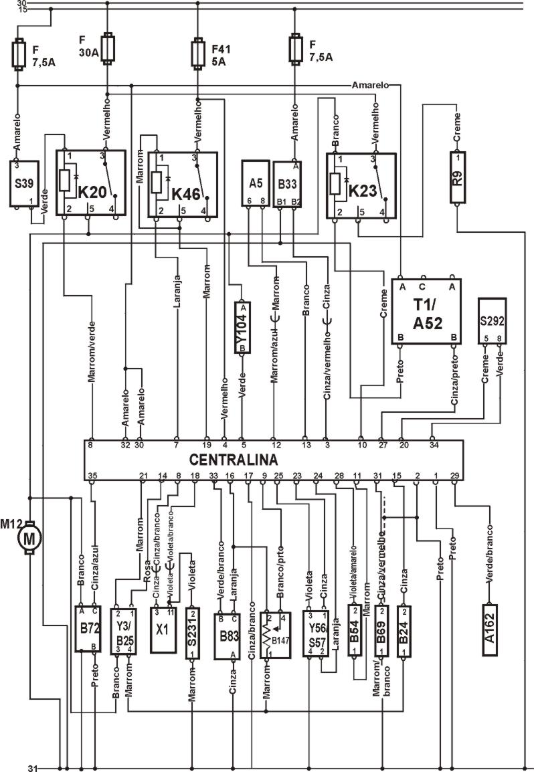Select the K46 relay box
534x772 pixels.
183,185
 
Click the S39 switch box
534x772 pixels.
24,183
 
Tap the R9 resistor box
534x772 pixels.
457,177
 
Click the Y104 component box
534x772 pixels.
242,326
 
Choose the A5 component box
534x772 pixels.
255,183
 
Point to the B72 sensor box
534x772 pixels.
88,628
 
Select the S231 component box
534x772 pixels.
193,632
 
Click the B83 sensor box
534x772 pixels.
227,634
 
